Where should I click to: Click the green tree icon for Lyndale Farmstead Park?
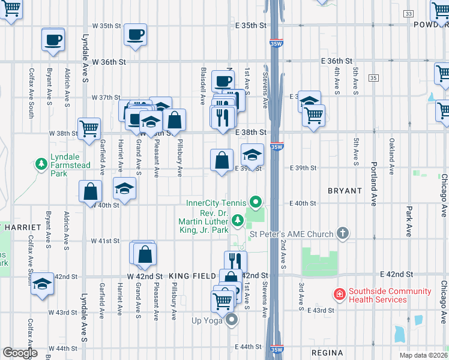(x=41, y=163)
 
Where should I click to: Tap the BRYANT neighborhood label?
(x=345, y=191)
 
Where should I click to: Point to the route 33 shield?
(x=409, y=13)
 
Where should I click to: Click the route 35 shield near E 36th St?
(x=373, y=78)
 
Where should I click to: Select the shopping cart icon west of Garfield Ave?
(x=89, y=128)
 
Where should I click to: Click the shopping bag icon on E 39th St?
(x=221, y=160)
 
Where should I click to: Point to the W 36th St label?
(x=109, y=62)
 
